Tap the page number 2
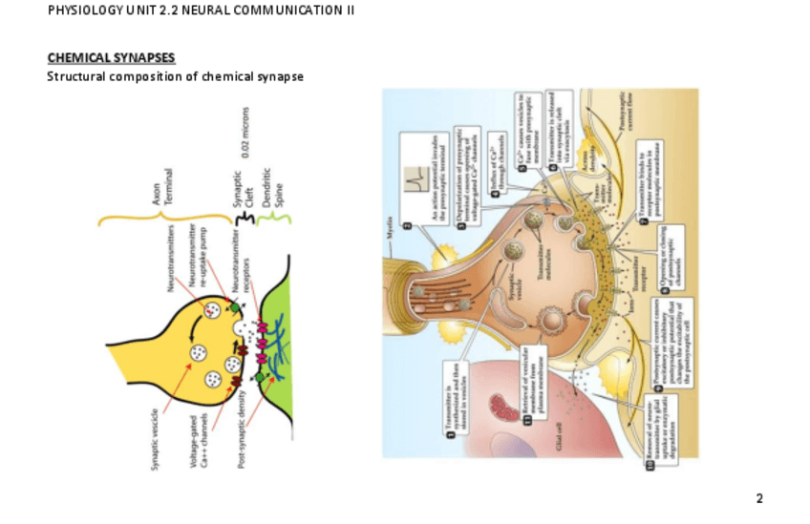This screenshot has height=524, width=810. tap(759, 498)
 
